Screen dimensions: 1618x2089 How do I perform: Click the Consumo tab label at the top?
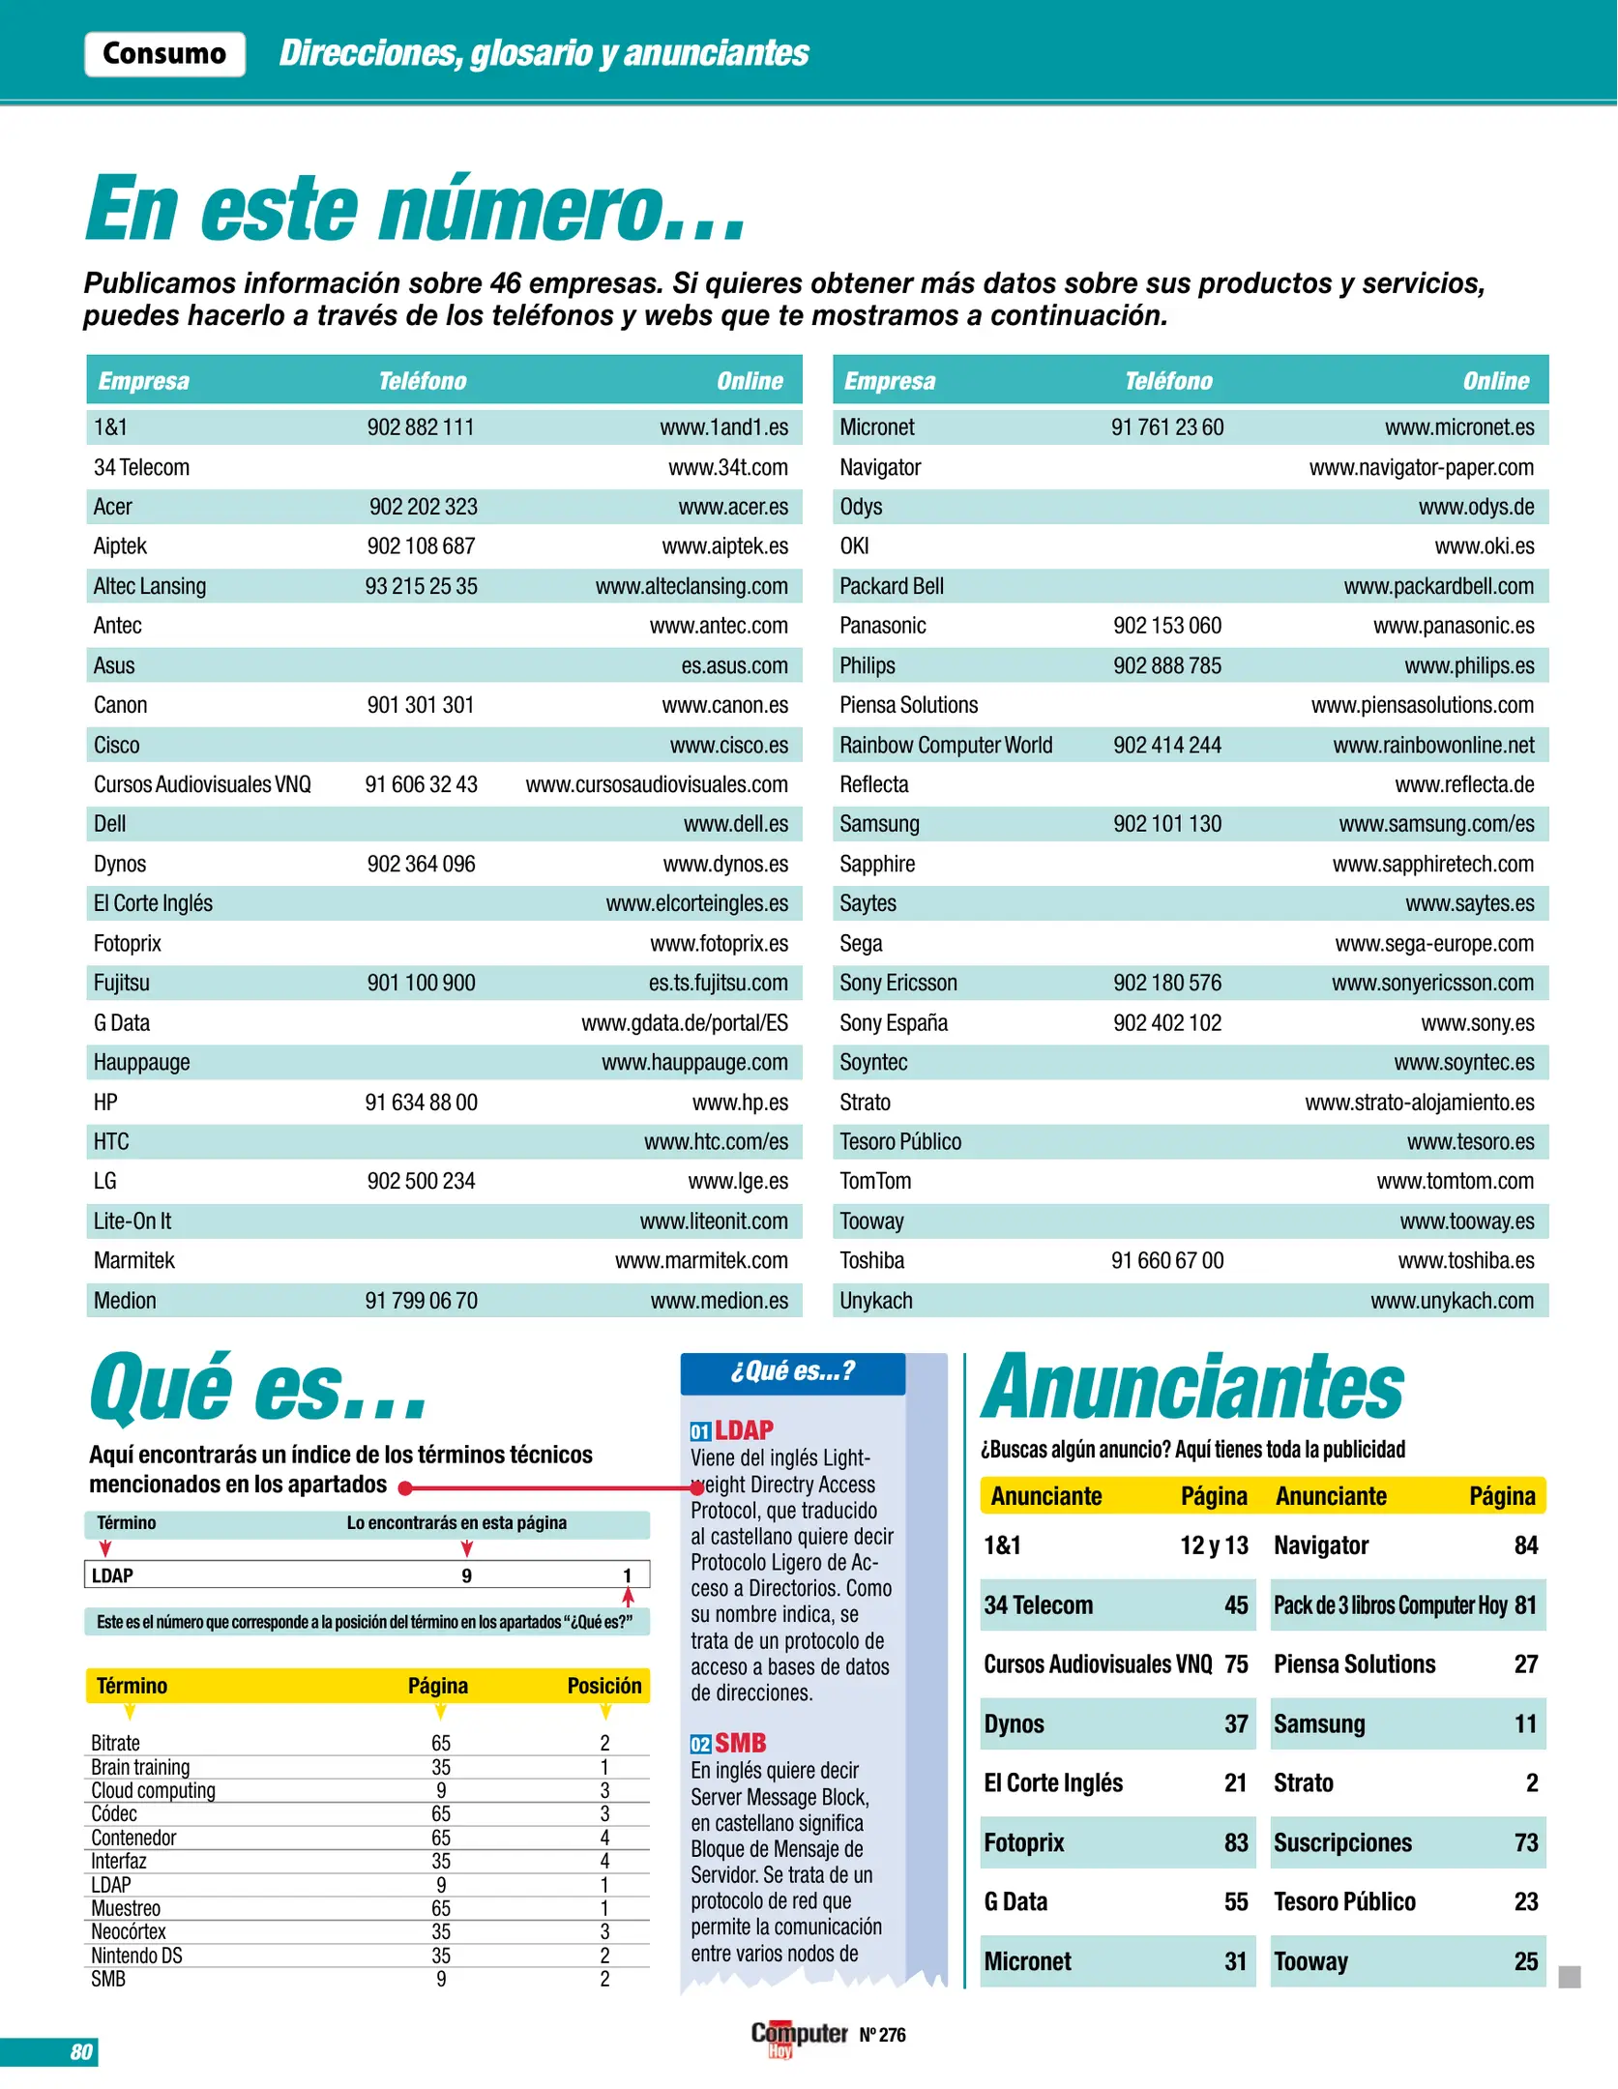(x=164, y=53)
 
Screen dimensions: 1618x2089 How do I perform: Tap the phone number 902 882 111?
(x=421, y=427)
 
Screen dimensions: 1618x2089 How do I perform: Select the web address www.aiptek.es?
(x=724, y=546)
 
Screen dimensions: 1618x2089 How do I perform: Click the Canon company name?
(x=120, y=705)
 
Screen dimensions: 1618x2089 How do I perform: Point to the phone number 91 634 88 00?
(x=421, y=1103)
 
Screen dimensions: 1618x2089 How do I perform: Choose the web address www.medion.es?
(x=719, y=1301)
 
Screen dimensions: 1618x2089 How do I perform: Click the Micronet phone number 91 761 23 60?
(x=1167, y=427)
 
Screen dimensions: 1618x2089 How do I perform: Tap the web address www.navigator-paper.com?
(x=1421, y=468)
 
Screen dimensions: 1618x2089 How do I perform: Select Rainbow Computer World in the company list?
(x=945, y=746)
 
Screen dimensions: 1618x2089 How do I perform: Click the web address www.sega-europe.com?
(x=1434, y=944)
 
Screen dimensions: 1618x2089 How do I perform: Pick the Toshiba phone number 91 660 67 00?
(x=1167, y=1261)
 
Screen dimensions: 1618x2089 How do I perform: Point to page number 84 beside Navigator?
(x=1525, y=1545)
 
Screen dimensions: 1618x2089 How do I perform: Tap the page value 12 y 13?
(x=1214, y=1545)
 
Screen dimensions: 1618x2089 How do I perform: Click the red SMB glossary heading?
(x=740, y=1743)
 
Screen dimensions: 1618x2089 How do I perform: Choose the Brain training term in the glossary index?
(x=140, y=1767)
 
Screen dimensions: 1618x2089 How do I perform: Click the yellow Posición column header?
(x=603, y=1686)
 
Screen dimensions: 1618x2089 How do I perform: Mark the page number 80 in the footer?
(x=81, y=2051)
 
